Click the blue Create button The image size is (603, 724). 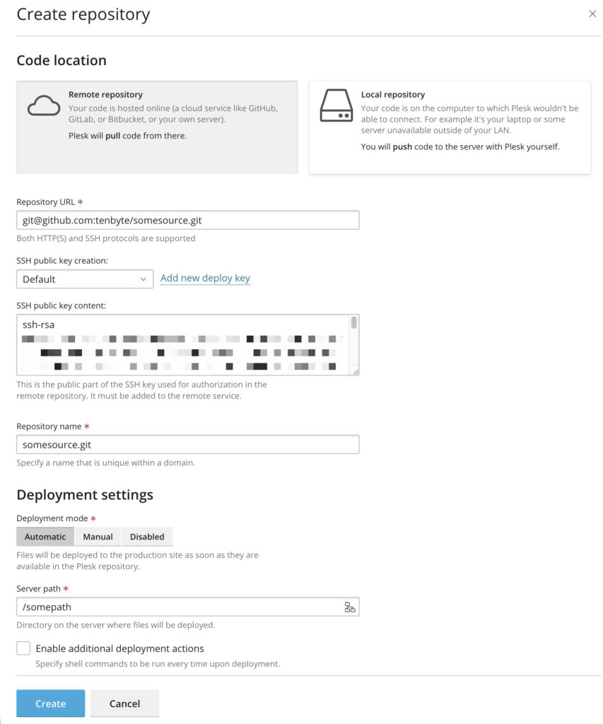[x=50, y=703]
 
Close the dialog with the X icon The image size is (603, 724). [x=592, y=13]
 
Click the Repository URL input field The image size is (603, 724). [x=187, y=220]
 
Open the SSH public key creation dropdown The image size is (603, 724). [x=85, y=279]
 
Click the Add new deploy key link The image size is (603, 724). [x=205, y=278]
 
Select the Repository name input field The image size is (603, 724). [x=187, y=444]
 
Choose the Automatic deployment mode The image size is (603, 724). [x=45, y=537]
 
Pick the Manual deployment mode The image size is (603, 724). [x=98, y=537]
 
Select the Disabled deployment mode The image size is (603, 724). [x=147, y=537]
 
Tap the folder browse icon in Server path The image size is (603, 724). [x=350, y=607]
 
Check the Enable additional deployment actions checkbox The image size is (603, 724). [x=24, y=648]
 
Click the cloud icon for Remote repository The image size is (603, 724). [x=44, y=106]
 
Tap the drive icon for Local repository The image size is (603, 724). [x=336, y=106]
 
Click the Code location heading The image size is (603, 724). [x=62, y=61]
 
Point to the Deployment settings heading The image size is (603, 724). [x=85, y=495]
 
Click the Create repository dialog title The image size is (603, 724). [x=83, y=14]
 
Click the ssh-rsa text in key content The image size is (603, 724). [x=38, y=325]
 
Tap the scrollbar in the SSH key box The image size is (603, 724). [x=353, y=323]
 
